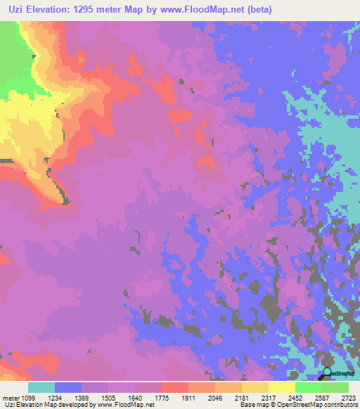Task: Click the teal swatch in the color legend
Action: pos(41,387)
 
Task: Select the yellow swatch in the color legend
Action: pos(282,387)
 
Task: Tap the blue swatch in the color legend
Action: pos(68,387)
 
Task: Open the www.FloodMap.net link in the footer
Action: pos(127,405)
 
